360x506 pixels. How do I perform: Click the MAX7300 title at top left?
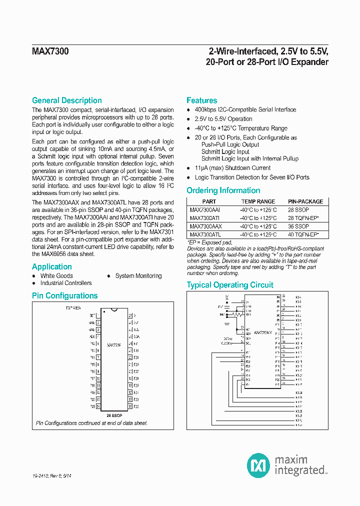coord(50,51)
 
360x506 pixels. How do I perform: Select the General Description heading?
coord(66,100)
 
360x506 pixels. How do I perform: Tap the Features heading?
coord(201,100)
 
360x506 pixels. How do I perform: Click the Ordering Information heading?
coord(223,190)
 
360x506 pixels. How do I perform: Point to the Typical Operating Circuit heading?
coord(230,285)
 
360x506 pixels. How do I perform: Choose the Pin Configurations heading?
coord(64,295)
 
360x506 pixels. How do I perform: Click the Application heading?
coord(52,266)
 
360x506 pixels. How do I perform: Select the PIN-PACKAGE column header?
coord(305,201)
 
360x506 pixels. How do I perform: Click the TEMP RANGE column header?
coord(258,201)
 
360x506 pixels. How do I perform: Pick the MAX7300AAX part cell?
coord(206,226)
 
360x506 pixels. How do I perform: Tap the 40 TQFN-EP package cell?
coord(303,234)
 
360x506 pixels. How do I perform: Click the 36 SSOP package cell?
coord(298,226)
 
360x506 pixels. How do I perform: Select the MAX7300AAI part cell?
coord(205,210)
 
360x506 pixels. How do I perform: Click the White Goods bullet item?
coord(56,276)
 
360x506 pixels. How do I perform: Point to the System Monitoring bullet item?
coord(138,276)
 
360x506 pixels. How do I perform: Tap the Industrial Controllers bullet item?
coord(66,283)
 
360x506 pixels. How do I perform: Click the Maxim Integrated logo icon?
coord(258,465)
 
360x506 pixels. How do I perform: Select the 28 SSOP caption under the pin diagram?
coord(115,415)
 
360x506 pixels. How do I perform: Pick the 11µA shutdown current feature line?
coord(232,168)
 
